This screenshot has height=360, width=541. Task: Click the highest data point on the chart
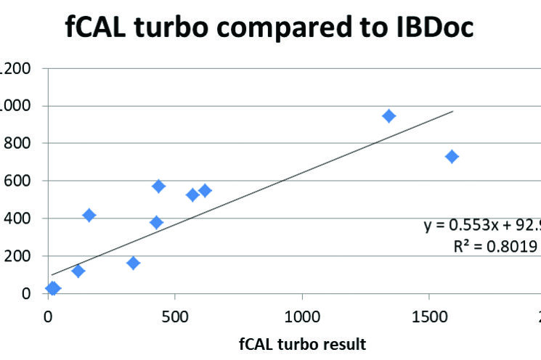point(389,116)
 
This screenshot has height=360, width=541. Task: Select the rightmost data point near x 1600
point(452,157)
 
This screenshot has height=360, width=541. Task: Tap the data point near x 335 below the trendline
point(133,263)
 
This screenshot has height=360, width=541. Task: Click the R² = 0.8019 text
point(495,246)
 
